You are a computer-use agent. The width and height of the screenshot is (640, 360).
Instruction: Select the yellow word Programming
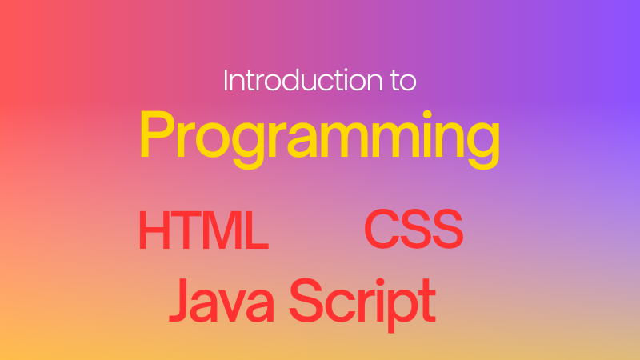click(319, 138)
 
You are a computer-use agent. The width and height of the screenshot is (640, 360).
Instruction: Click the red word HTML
click(203, 230)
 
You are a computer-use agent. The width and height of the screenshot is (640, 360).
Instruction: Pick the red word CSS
click(414, 229)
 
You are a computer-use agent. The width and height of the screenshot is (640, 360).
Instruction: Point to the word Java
click(222, 301)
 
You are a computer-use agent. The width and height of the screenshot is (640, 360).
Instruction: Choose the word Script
click(362, 304)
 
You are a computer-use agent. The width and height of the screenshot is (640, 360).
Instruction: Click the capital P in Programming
click(157, 134)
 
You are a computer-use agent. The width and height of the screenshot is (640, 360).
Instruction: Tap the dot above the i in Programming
click(427, 114)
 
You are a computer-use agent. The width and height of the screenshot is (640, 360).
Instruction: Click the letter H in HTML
click(154, 230)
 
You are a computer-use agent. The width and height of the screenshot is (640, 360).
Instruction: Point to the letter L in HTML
click(257, 230)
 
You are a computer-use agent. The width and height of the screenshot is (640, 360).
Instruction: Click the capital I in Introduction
click(226, 81)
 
